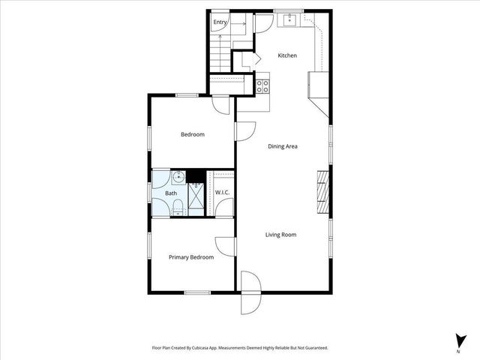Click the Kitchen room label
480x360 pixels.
pyautogui.click(x=287, y=55)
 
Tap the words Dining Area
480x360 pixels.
pyautogui.click(x=283, y=146)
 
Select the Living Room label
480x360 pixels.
pyautogui.click(x=280, y=235)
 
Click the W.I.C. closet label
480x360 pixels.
pyautogui.click(x=222, y=193)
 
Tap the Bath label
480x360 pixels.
pyautogui.click(x=171, y=193)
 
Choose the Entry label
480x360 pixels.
pyautogui.click(x=220, y=22)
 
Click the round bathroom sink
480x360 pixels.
pyautogui.click(x=177, y=178)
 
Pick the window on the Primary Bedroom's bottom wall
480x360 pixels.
pyautogui.click(x=196, y=292)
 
